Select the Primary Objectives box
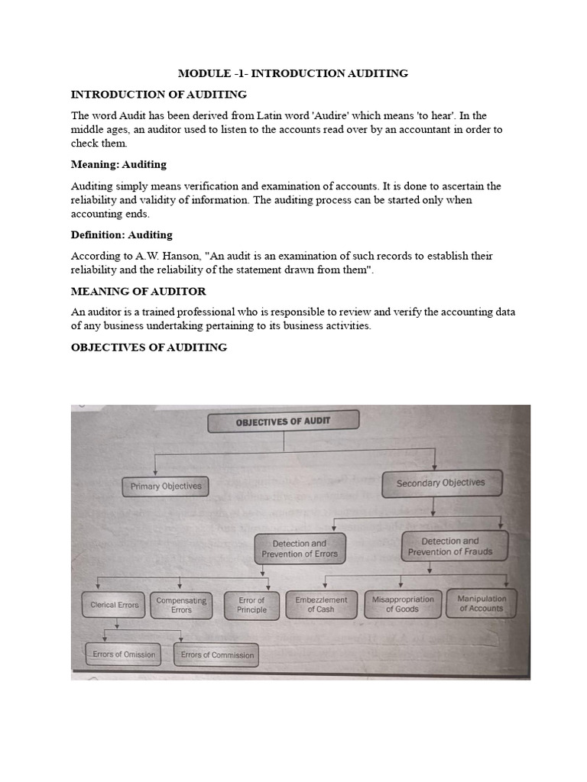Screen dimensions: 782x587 166,486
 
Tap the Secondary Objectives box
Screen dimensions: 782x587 440,483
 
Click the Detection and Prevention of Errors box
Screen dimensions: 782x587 299,548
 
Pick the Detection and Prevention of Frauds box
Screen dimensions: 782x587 450,546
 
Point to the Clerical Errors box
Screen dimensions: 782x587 115,605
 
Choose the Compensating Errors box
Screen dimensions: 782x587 181,605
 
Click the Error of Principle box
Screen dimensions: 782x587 251,605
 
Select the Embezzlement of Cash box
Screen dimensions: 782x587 321,604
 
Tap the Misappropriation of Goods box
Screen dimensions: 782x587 402,604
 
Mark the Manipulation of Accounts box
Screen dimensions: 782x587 482,603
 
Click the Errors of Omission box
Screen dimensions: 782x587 124,654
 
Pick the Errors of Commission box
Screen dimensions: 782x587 217,654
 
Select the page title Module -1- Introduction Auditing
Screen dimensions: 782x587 293,73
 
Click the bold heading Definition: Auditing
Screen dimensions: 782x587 122,234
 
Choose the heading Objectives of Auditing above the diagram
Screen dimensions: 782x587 149,347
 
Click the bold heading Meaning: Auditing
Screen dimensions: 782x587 118,164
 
